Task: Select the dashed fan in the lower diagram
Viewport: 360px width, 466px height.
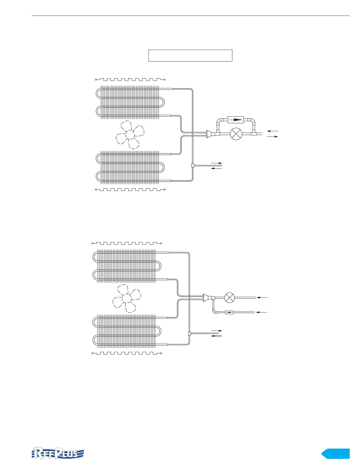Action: pyautogui.click(x=126, y=299)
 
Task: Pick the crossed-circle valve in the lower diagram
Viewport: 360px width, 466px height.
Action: pyautogui.click(x=229, y=298)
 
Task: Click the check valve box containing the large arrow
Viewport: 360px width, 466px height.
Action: pyautogui.click(x=236, y=120)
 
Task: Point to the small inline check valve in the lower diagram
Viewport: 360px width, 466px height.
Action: pyautogui.click(x=229, y=312)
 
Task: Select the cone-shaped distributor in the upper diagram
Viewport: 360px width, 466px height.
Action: pyautogui.click(x=209, y=134)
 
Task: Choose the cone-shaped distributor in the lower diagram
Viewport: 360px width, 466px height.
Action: pyautogui.click(x=206, y=298)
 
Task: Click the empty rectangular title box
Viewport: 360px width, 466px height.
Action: pyautogui.click(x=190, y=56)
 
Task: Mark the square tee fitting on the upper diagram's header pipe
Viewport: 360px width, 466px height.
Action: pyautogui.click(x=193, y=166)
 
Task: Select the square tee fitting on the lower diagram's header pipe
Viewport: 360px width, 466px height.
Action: pyautogui.click(x=189, y=333)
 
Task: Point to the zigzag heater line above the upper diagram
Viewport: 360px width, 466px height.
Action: pyautogui.click(x=130, y=79)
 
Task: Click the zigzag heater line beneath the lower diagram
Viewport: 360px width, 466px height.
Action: pyautogui.click(x=127, y=353)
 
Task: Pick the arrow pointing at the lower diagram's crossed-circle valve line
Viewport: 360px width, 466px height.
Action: pyautogui.click(x=262, y=298)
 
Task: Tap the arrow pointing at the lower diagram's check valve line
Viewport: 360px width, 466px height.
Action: pyautogui.click(x=262, y=312)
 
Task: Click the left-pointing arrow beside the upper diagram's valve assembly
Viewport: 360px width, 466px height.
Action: pyautogui.click(x=272, y=131)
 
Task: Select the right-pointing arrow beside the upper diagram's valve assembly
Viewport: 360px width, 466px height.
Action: pyautogui.click(x=272, y=137)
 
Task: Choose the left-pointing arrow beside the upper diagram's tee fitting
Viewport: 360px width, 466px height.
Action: pyautogui.click(x=216, y=168)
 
